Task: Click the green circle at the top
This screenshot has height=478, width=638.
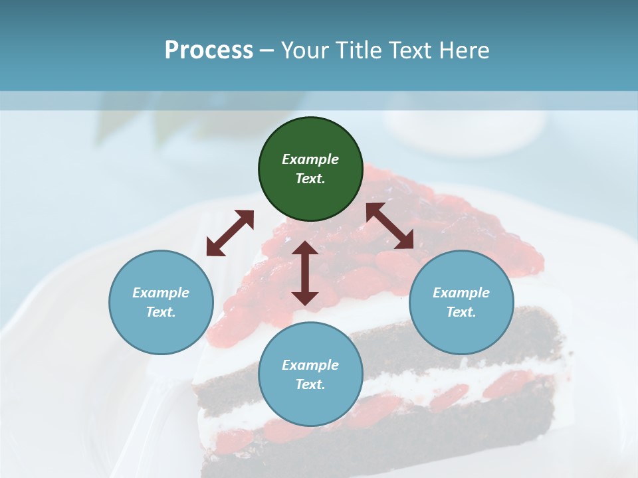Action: coord(310,169)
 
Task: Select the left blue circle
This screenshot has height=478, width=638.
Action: coord(161,302)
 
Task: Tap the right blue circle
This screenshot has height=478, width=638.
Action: coord(461,302)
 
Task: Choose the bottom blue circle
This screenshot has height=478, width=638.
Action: coord(310,374)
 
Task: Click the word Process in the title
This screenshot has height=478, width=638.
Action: coord(209,50)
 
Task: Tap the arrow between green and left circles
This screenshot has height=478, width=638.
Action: coord(230,233)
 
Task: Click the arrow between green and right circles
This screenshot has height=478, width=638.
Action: coord(389,226)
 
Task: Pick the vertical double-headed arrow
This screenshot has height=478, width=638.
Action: coord(304,273)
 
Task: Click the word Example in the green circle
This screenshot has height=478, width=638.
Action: coord(310,159)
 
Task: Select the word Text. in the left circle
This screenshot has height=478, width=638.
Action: coord(161,312)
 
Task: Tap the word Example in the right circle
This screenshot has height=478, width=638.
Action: coord(461,293)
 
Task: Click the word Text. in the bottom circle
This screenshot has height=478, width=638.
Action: coord(310,384)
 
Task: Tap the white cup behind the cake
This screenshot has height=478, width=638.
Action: coord(465,129)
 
